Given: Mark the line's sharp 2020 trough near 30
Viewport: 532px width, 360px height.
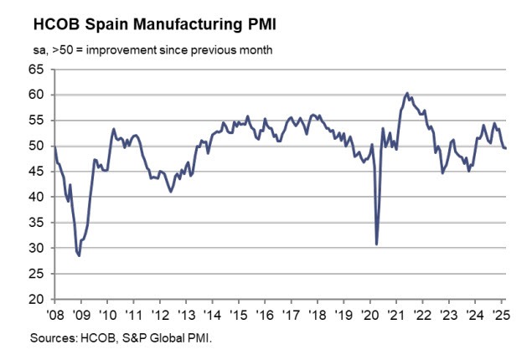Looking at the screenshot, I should coord(377,244).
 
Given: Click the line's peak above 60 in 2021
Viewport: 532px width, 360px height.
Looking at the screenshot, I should coord(406,93).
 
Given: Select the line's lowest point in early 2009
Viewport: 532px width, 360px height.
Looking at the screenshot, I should coord(80,255).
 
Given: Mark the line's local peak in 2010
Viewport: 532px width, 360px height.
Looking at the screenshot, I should coord(113,129).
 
